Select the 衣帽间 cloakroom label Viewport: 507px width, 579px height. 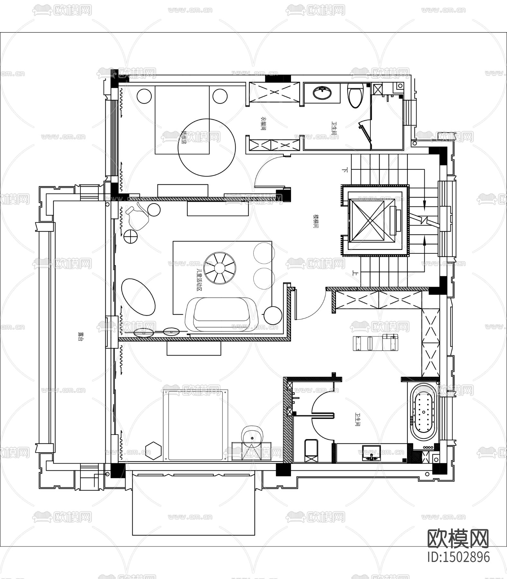coord(263,123)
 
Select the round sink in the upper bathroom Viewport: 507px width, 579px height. coord(322,93)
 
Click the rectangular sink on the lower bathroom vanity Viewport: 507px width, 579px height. coord(371,453)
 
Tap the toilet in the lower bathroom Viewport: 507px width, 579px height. coord(311,451)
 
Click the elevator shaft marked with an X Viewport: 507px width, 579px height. coord(371,219)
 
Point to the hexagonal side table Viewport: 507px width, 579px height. coord(153,450)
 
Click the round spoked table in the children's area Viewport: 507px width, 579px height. coord(221,268)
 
